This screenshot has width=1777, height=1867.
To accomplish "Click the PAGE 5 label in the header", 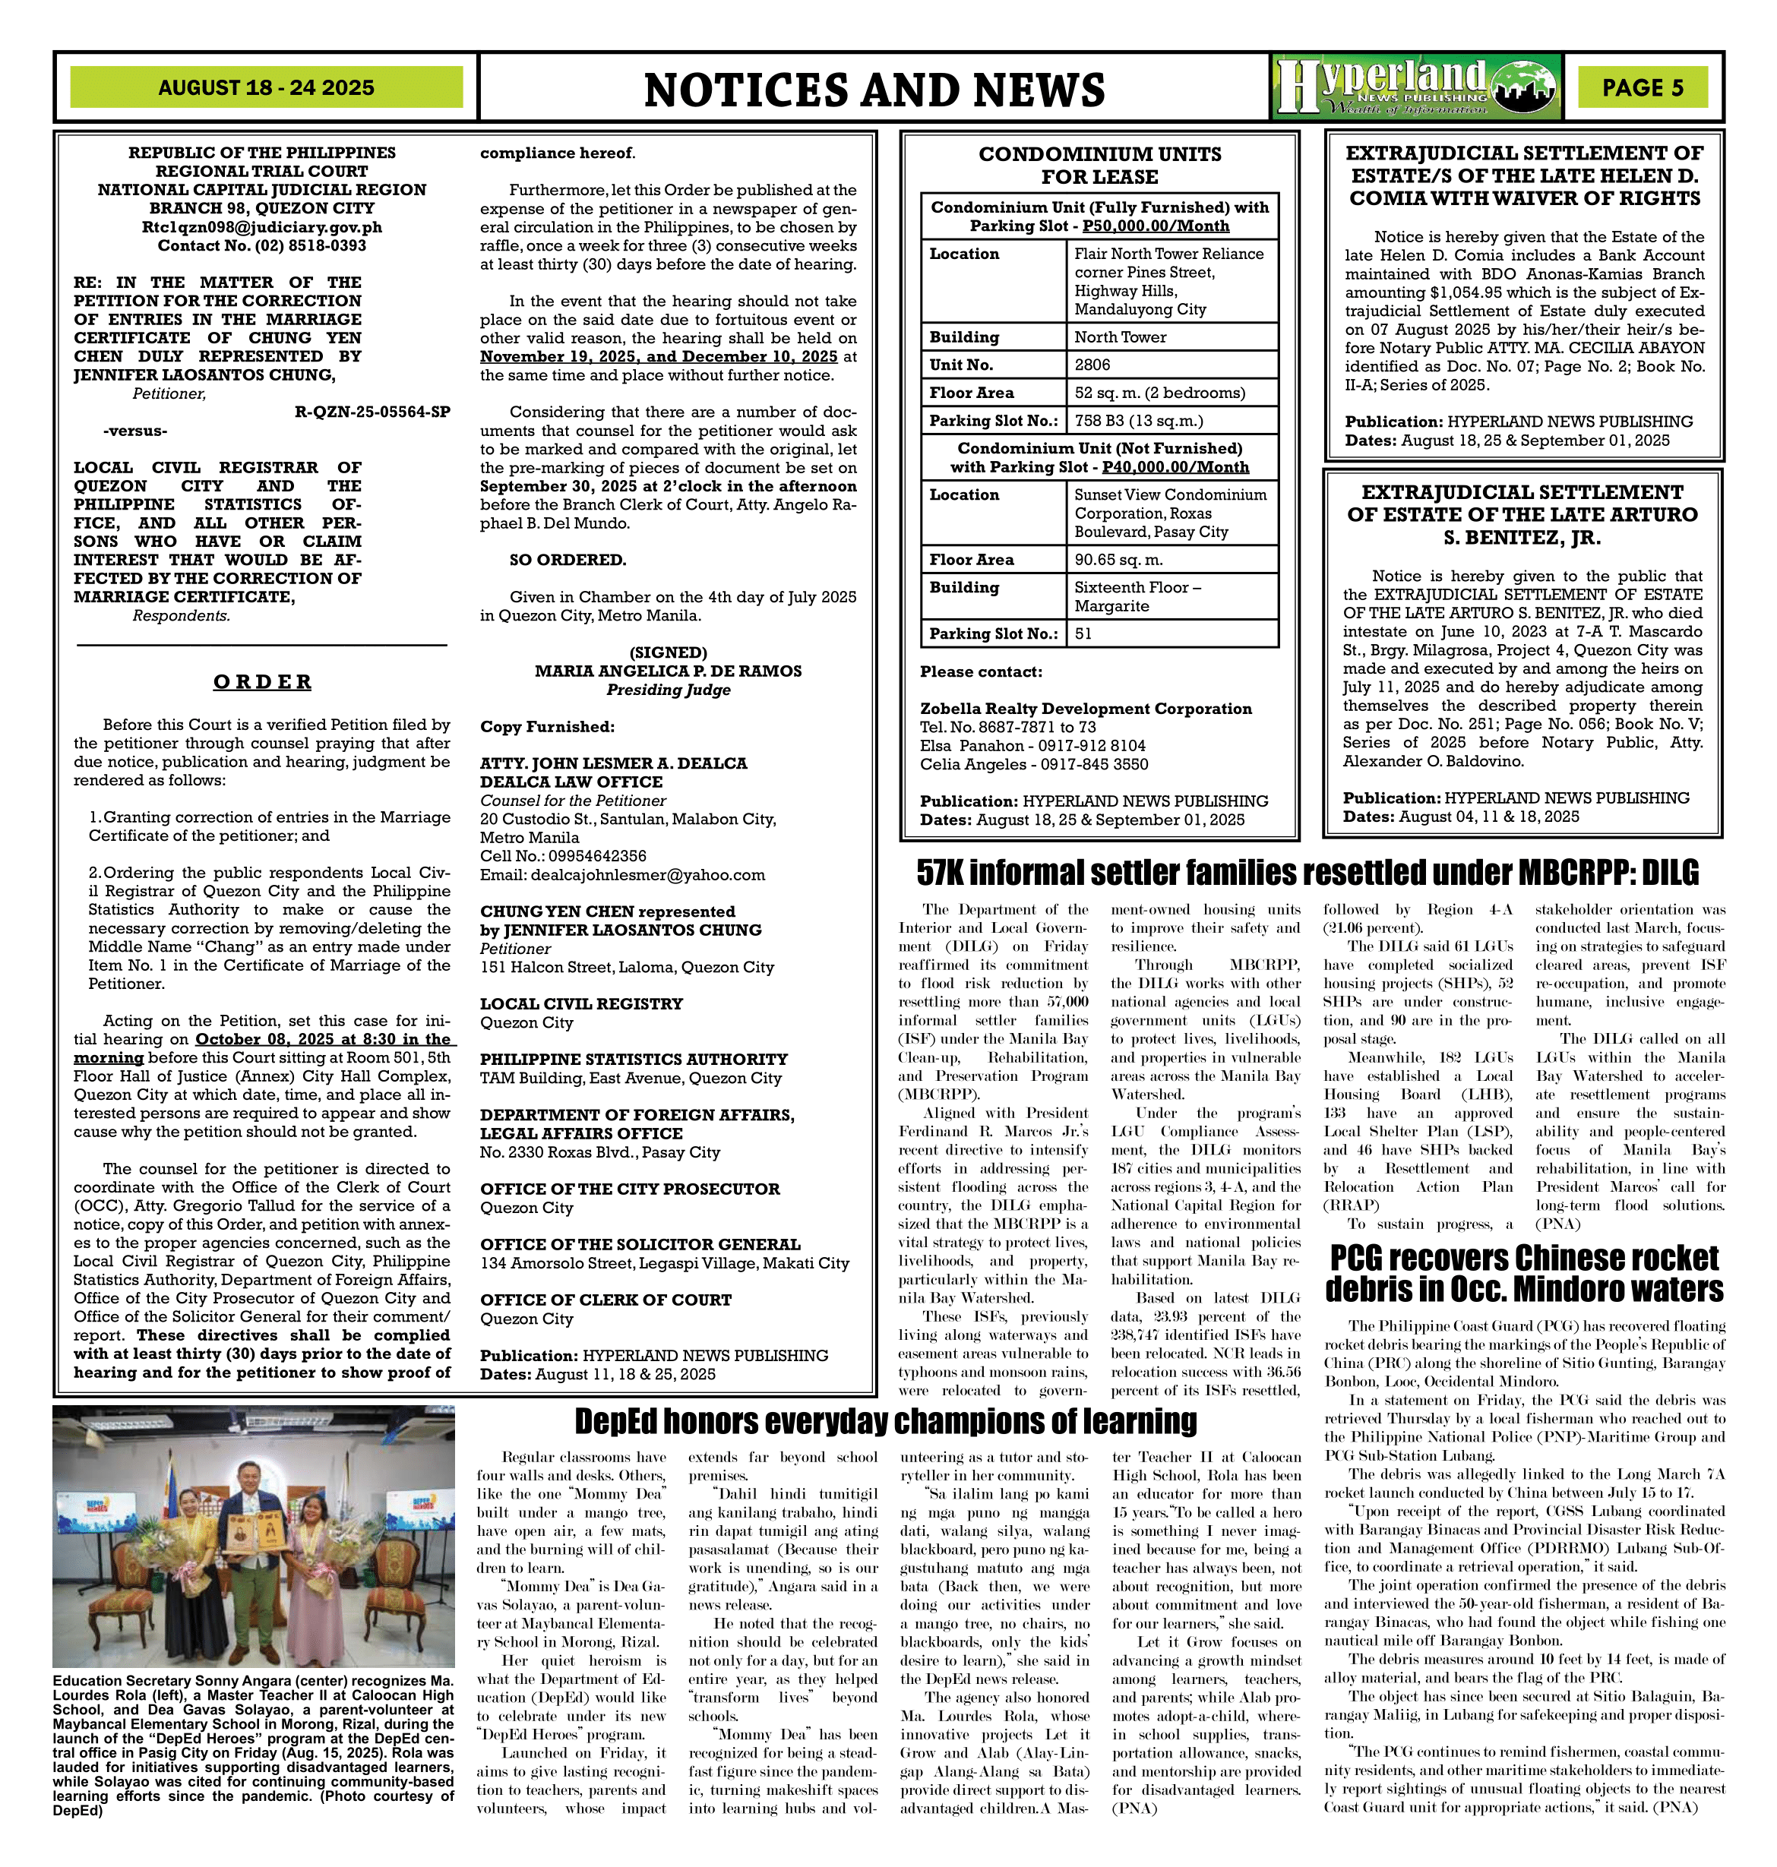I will click(x=1643, y=88).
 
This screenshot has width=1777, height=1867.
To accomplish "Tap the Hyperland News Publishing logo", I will click(x=1415, y=87).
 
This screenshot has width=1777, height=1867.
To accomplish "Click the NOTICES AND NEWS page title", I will click(x=874, y=90).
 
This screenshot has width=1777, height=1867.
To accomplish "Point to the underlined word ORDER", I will click(x=261, y=682).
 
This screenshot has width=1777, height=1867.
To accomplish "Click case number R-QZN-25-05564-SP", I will click(x=372, y=412).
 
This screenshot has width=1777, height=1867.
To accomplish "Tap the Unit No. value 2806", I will click(x=1092, y=365).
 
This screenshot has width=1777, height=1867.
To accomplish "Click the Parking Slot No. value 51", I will click(x=1083, y=633).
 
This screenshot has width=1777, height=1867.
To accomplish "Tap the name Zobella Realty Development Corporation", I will click(x=1086, y=709).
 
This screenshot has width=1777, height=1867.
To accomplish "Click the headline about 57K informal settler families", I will click(x=1307, y=871).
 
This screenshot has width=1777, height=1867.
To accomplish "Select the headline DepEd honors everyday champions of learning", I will click(x=886, y=1422).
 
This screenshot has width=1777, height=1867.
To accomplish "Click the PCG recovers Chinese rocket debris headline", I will click(x=1524, y=1274).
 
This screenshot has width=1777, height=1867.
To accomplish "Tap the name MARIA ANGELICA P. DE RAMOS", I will click(x=668, y=671).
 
